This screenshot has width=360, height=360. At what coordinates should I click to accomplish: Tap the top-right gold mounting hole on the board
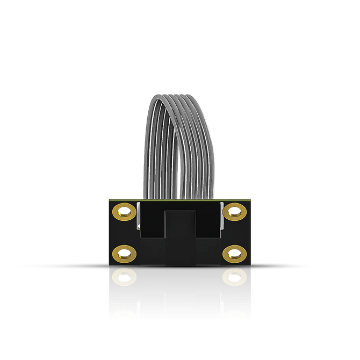(234, 211)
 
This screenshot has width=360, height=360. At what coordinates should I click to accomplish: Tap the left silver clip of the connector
(139, 215)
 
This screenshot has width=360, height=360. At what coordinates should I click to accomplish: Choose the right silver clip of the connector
(220, 215)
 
